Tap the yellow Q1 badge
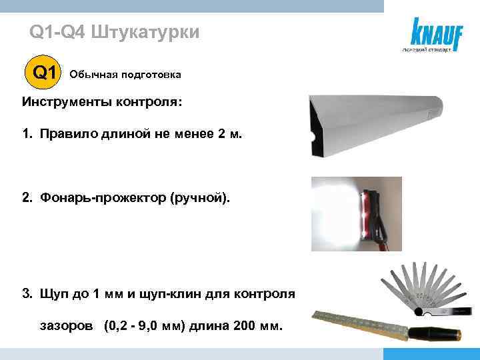(43, 73)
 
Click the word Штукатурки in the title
(144, 32)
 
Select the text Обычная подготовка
(125, 75)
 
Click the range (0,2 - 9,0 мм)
(145, 327)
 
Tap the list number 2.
(26, 198)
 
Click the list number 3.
(26, 293)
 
